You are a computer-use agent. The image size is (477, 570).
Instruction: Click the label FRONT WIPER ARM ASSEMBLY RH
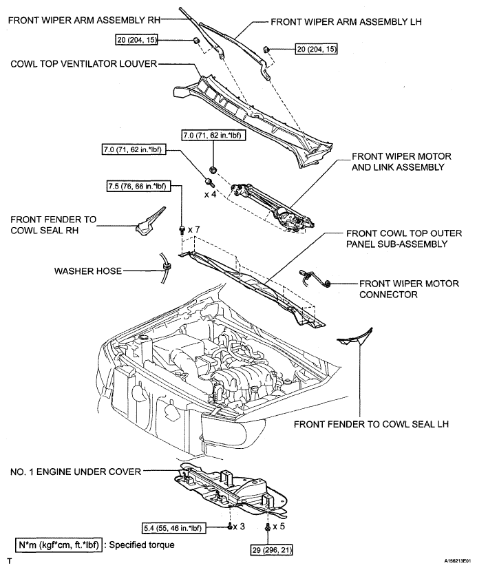coord(84,20)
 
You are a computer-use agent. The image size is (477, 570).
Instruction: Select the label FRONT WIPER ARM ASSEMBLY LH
coord(346,22)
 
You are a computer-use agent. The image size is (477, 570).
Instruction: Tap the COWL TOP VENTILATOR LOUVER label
coord(83,64)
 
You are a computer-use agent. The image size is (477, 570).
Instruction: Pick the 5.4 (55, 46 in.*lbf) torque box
coord(173,528)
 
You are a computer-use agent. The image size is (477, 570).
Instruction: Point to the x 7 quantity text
coord(194,230)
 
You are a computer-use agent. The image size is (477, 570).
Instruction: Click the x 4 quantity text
coord(210,195)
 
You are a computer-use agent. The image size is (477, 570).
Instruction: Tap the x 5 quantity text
coord(279,526)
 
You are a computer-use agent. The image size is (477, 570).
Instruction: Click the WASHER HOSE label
coord(88,271)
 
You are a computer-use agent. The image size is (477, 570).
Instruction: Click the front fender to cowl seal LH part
coord(355,338)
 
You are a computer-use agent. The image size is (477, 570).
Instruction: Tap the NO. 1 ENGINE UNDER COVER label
coord(76,472)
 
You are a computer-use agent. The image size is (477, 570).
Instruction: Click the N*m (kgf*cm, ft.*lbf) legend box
coord(59,545)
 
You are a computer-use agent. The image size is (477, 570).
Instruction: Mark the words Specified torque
coord(142,545)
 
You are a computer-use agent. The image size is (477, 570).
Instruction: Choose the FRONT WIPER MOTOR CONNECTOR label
coord(409,289)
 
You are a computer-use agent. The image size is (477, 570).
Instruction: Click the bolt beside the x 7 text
coord(182,230)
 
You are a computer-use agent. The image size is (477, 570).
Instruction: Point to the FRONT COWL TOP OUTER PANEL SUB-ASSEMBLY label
coord(404,238)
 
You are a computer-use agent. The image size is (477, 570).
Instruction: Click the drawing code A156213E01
coord(457,561)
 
